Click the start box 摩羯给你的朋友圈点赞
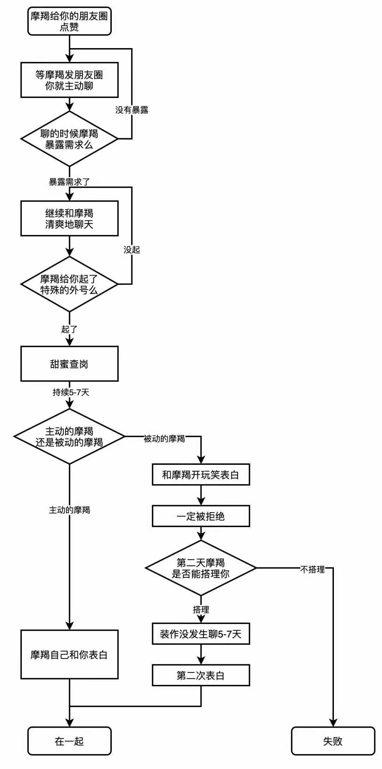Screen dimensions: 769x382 tap(69, 21)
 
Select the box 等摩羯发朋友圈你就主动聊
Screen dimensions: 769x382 tap(69, 80)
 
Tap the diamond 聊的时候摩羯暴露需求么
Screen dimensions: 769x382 tap(69, 139)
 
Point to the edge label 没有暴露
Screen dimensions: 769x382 tap(132, 110)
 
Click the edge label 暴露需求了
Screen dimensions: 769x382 tap(69, 182)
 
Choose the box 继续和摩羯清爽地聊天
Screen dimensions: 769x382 tap(69, 218)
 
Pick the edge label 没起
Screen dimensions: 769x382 tap(132, 250)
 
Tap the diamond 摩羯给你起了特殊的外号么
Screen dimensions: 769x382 tap(69, 284)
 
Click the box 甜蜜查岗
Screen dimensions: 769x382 tap(69, 364)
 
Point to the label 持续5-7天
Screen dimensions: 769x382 tap(71, 392)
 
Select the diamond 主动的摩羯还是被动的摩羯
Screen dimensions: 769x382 tap(69, 436)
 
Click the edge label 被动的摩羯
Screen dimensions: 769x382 tap(164, 439)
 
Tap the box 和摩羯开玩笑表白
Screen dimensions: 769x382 tap(201, 475)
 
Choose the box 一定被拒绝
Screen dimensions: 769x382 tap(201, 516)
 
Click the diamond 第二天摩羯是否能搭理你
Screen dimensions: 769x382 tap(201, 568)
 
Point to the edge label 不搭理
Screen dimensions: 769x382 tap(312, 569)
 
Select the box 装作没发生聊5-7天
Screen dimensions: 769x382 tap(201, 634)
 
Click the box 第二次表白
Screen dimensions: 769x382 tap(201, 676)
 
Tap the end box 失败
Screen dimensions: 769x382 tap(333, 741)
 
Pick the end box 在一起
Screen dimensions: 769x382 tap(69, 741)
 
